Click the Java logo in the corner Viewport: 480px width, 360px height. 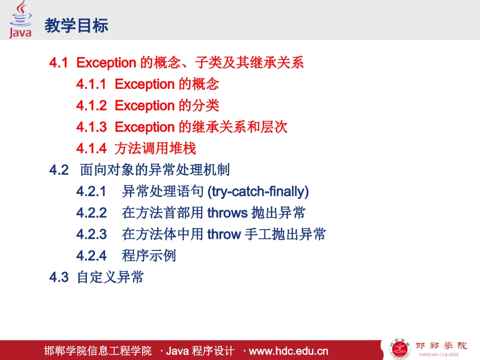point(20,20)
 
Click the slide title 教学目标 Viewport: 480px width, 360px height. point(77,26)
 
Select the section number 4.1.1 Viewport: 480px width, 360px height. point(91,84)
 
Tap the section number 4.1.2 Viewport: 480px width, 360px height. point(91,106)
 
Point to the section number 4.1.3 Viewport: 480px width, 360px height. point(91,127)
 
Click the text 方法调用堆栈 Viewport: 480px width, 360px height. point(155,148)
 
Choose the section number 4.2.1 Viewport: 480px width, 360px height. point(91,191)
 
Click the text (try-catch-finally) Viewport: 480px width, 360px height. point(258,191)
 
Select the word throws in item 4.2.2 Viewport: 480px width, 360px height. point(227,213)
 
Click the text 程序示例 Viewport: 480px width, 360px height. point(149,255)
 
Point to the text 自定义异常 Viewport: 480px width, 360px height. point(111,277)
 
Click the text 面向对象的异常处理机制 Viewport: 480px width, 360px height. point(155,170)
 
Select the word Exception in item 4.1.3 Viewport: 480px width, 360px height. point(145,127)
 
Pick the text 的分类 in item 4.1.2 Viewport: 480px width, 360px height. point(199,106)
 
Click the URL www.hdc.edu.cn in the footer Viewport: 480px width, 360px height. point(289,351)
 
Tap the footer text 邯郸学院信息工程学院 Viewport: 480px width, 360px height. point(98,351)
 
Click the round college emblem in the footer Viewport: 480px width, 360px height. point(400,349)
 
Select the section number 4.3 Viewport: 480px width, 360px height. point(59,277)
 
